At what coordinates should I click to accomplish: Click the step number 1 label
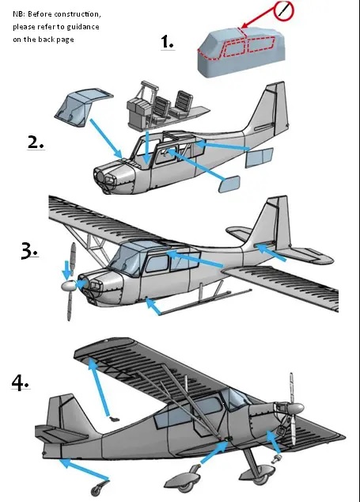(167, 42)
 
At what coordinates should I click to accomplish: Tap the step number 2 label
(35, 142)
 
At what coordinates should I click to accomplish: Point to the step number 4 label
(21, 382)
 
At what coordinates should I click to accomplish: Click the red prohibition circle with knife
(283, 10)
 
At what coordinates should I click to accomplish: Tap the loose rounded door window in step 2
(229, 184)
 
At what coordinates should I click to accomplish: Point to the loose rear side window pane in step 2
(259, 158)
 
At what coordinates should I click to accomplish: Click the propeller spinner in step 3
(70, 286)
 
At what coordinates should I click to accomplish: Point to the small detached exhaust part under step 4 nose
(276, 458)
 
